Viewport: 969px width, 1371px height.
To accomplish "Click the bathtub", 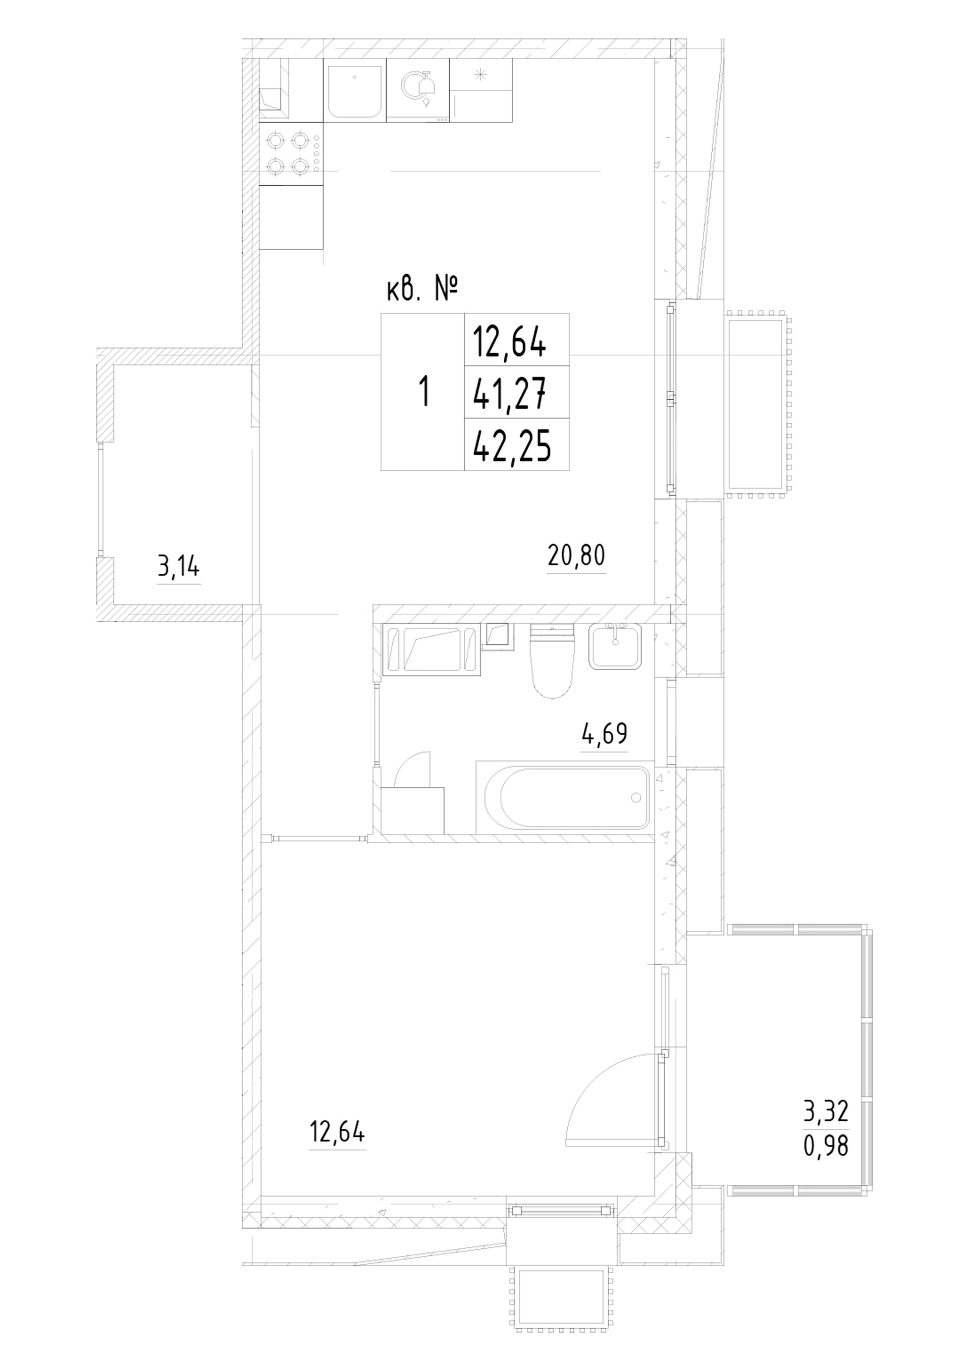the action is tap(565, 797).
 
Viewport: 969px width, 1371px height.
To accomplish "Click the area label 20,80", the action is tap(576, 557).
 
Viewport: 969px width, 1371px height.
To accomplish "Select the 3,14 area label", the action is tap(179, 567).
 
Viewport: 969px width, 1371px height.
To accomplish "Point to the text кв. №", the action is tap(422, 291).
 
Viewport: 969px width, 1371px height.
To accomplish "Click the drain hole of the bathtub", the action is tap(635, 797).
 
